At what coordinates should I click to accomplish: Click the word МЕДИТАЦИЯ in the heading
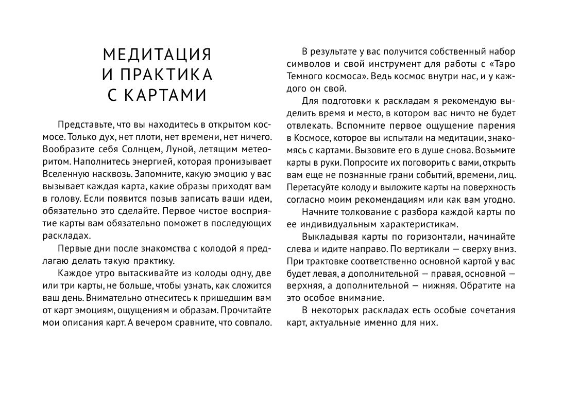[157, 55]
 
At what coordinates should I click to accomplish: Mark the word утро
[104, 273]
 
